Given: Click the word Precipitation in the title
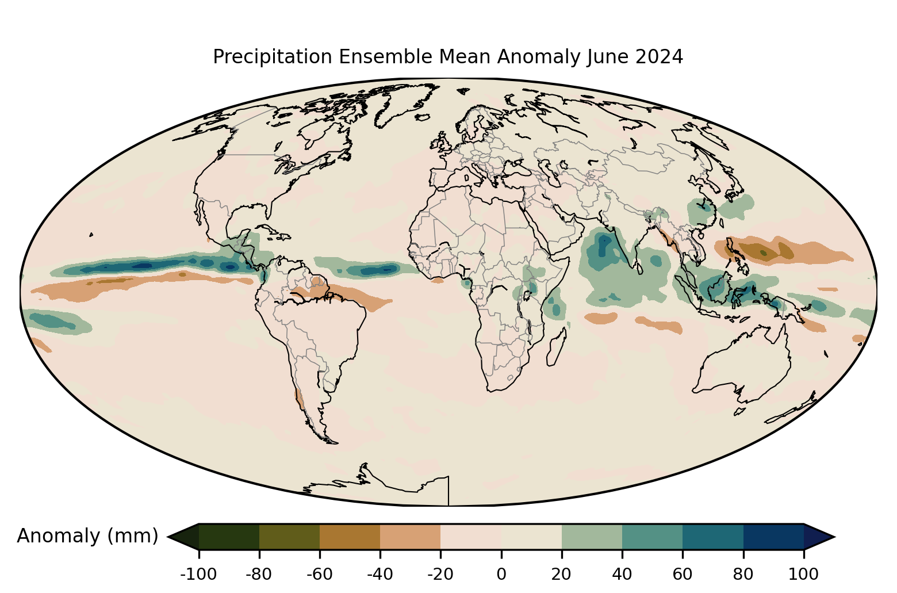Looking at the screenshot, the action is (x=273, y=57).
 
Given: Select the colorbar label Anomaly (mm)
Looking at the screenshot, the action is (x=88, y=536).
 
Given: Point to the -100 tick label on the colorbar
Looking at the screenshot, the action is (x=198, y=575).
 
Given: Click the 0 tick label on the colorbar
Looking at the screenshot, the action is (x=501, y=575).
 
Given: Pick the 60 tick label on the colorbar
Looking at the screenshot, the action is (x=683, y=575).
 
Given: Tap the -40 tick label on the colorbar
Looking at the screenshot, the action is (x=380, y=575).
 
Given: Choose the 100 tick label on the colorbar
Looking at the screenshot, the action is (x=804, y=575).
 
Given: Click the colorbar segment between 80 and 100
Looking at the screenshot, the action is (x=774, y=537).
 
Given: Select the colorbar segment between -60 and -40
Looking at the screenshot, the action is (x=350, y=537).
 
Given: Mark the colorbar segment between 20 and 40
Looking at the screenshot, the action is (x=592, y=537).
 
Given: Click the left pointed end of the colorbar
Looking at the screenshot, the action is (x=167, y=537).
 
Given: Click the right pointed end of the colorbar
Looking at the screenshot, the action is (x=834, y=537).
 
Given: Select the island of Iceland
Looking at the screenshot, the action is (x=423, y=117).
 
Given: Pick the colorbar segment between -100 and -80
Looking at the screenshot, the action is (x=229, y=537).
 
